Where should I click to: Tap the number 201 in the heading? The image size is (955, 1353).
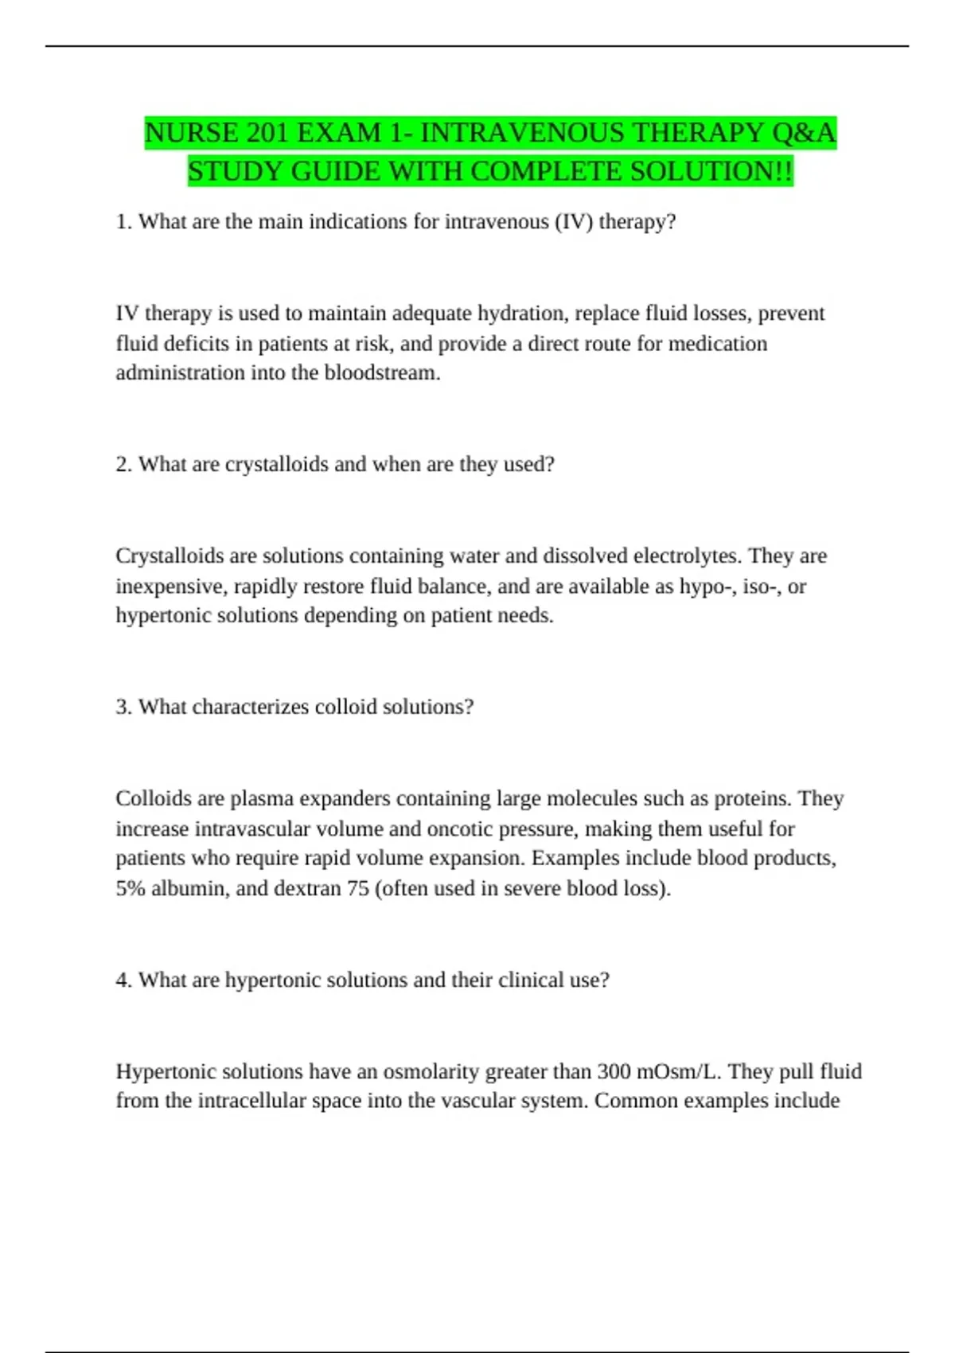[x=267, y=133]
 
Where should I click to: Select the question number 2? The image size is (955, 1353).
[x=123, y=465]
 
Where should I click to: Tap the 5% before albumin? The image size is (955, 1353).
[x=130, y=889]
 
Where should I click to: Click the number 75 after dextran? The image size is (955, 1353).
[x=357, y=889]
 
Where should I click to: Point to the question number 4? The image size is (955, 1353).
[x=123, y=981]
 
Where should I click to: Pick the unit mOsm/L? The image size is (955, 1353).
[x=678, y=1072]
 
